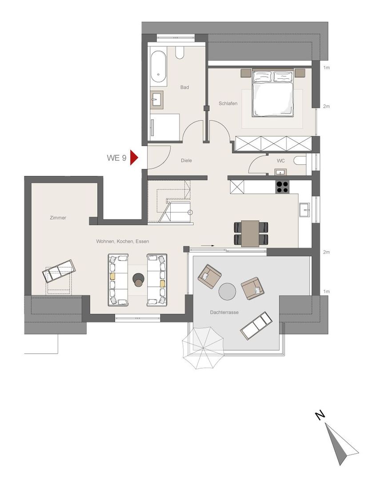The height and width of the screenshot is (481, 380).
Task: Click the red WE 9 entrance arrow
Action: click(134, 157)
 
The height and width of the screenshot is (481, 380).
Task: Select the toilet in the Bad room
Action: click(180, 53)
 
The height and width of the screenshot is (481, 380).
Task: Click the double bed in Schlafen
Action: click(272, 94)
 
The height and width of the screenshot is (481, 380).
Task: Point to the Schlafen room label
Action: click(228, 103)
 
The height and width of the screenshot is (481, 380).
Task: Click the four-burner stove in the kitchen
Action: click(282, 187)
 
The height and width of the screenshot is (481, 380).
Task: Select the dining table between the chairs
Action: click(251, 233)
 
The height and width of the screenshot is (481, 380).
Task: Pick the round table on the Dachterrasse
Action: click(227, 291)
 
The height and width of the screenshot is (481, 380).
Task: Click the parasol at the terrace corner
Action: click(203, 347)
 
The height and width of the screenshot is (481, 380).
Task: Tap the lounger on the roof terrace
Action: click(256, 326)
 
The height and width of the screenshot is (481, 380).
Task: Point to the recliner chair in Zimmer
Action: click(59, 271)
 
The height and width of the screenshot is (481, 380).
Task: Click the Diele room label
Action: click(186, 160)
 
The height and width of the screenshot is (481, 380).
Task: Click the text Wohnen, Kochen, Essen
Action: click(123, 241)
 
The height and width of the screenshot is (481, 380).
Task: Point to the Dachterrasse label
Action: click(224, 312)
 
